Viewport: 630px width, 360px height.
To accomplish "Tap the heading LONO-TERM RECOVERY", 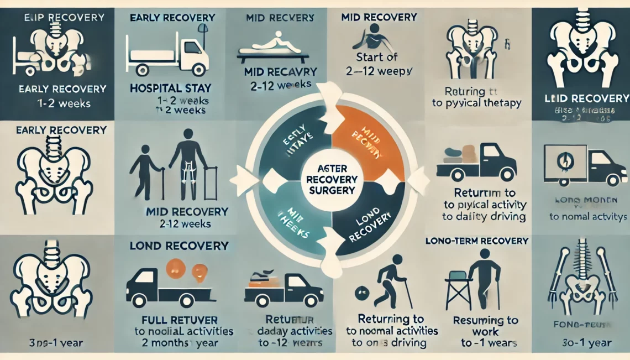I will [x=477, y=241].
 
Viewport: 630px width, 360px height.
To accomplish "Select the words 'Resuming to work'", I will [x=485, y=326].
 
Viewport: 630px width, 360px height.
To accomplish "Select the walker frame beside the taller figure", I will [x=210, y=182].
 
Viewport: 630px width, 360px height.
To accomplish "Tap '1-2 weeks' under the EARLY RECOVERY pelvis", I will [x=55, y=103].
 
